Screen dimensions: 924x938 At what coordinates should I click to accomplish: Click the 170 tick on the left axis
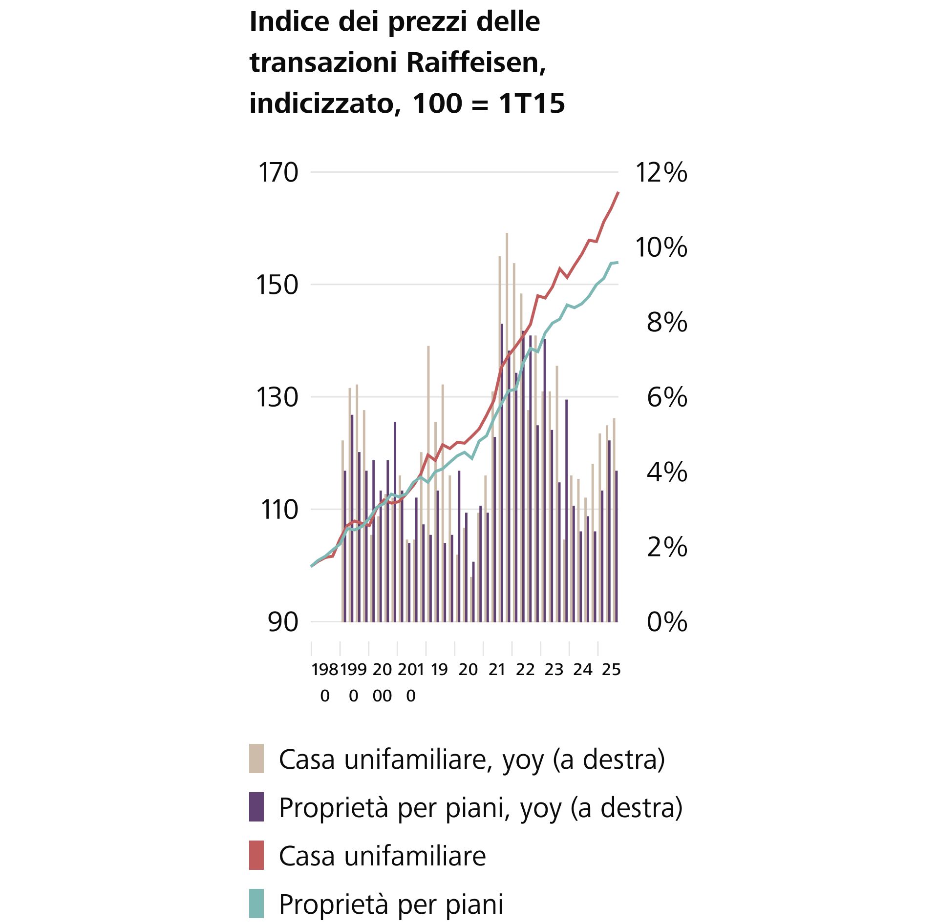(x=277, y=173)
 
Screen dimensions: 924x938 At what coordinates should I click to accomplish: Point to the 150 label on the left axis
(x=277, y=285)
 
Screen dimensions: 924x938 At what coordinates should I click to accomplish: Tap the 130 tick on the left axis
(x=277, y=397)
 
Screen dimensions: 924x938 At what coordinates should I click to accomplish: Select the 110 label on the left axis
(x=279, y=510)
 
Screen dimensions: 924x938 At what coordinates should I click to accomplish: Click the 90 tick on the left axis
(x=283, y=622)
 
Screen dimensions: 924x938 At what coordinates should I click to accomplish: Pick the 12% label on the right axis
(x=661, y=173)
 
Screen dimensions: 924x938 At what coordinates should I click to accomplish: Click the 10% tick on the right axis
(x=661, y=247)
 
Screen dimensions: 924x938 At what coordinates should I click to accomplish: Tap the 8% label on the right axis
(x=667, y=323)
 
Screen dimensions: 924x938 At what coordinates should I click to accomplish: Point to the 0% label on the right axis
(x=667, y=622)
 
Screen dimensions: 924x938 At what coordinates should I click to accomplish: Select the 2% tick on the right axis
(x=667, y=547)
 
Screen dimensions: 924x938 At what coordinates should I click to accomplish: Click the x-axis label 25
(x=611, y=670)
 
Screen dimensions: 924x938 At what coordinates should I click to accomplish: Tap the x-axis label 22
(x=525, y=670)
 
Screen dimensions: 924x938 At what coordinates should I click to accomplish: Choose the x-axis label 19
(x=439, y=670)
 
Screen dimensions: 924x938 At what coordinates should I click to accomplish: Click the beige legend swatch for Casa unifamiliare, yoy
(x=256, y=759)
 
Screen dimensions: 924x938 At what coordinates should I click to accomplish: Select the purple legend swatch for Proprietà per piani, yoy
(x=256, y=807)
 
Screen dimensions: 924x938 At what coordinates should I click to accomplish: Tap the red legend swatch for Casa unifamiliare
(x=256, y=855)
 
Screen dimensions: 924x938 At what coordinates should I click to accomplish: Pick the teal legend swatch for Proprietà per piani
(x=256, y=903)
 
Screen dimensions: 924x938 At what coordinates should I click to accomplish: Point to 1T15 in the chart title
(x=532, y=103)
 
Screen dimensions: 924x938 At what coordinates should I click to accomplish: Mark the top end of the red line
(x=618, y=193)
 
